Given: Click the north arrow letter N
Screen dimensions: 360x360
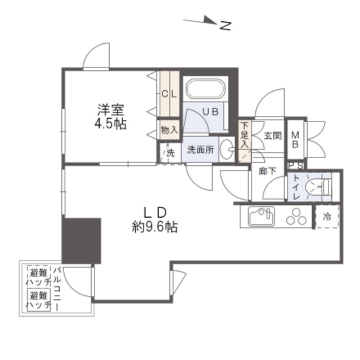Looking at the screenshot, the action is [225, 25].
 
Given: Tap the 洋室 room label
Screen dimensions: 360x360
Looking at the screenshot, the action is [110, 110].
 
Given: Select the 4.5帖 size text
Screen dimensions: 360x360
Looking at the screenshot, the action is [110, 124].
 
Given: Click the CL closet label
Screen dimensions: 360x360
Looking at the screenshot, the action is [169, 94].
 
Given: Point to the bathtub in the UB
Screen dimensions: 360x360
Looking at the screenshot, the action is [205, 89].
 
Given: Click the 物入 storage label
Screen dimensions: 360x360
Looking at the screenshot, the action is [169, 130].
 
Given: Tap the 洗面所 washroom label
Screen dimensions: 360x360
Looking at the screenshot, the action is [200, 150].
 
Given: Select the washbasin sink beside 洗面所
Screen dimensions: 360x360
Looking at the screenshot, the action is [227, 149].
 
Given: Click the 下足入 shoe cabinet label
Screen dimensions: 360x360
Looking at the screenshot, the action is [245, 135].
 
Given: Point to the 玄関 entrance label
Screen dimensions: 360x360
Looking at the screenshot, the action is [273, 136].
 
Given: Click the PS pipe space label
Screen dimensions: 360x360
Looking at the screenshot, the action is [296, 166].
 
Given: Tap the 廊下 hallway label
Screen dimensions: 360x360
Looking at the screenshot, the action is [268, 171].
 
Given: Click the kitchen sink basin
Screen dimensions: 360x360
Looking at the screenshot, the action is [262, 217].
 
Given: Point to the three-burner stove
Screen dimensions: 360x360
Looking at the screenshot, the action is [296, 217].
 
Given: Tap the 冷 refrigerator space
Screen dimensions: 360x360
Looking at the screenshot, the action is [327, 216].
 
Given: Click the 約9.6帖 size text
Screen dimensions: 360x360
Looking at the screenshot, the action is [155, 227].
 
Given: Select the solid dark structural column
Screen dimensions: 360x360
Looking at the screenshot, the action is [82, 241].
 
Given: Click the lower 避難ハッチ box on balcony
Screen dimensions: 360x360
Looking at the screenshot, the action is [39, 300].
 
